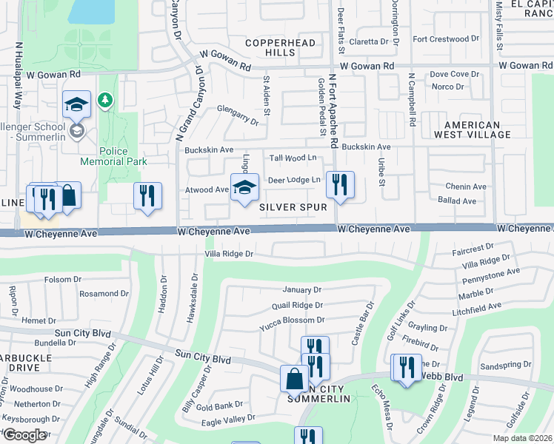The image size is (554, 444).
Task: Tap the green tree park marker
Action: pyautogui.click(x=106, y=99)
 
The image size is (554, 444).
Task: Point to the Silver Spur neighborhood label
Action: pyautogui.click(x=293, y=208)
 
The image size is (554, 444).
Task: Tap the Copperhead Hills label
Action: pyautogui.click(x=270, y=48)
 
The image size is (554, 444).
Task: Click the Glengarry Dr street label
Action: pyautogui.click(x=238, y=114)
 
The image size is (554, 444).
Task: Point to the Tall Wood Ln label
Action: pyautogui.click(x=293, y=158)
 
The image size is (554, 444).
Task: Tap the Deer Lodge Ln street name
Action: pyautogui.click(x=294, y=180)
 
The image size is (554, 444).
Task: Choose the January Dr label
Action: pyautogui.click(x=301, y=289)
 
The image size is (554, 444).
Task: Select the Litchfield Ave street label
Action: pyautogui.click(x=476, y=308)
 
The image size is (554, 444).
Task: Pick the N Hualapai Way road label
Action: pyautogui.click(x=16, y=74)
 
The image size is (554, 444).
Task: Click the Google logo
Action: pyautogui.click(x=24, y=434)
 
